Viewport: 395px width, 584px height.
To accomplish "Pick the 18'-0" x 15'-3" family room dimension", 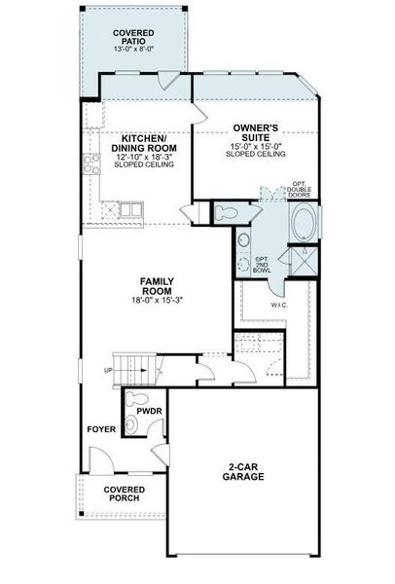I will [156, 301].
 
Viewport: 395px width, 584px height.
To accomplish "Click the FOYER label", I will [100, 428].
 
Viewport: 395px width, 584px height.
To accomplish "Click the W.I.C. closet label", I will [279, 306].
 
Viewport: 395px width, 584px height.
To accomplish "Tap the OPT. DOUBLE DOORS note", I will [299, 189].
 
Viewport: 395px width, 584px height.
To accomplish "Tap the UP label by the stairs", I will [108, 372].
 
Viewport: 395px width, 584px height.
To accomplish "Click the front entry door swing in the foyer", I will [100, 457].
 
